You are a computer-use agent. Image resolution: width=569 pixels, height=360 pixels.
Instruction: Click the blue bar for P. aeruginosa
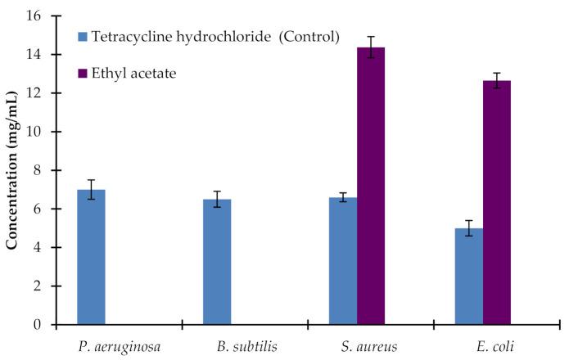[x=91, y=257]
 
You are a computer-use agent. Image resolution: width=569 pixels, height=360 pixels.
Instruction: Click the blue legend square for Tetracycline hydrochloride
[x=83, y=37]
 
